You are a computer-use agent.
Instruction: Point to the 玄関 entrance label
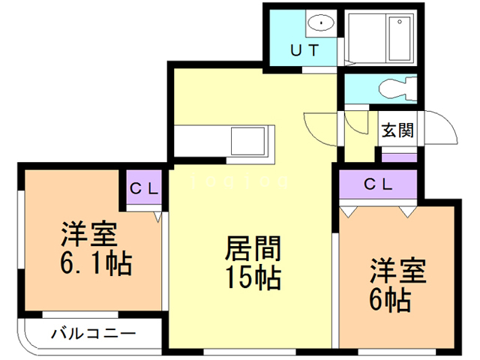397,130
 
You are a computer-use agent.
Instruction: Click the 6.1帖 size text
94,264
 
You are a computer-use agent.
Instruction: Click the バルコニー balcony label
93,333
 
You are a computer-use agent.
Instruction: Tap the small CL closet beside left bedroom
143,189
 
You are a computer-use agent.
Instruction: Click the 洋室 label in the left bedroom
88,235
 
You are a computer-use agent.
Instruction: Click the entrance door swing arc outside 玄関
442,131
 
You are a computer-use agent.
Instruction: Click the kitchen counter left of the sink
201,141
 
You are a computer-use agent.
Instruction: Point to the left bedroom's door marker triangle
157,217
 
